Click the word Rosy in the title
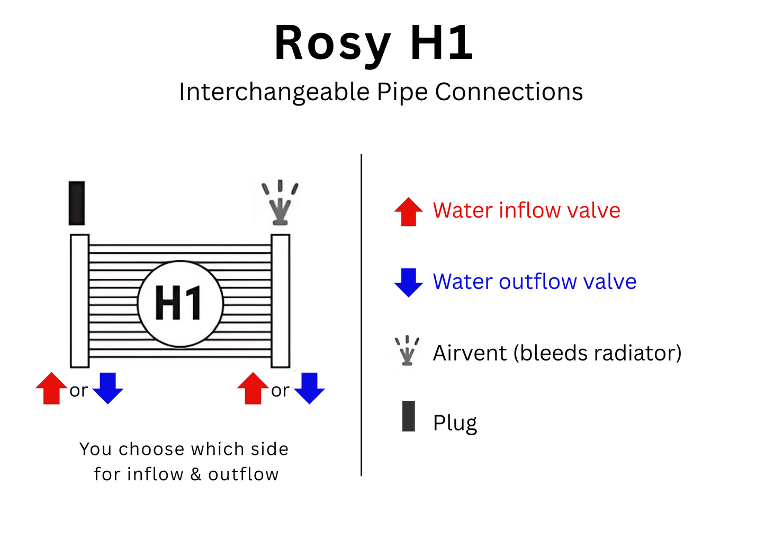click(x=332, y=43)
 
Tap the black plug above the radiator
click(x=77, y=203)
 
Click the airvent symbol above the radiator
click(x=280, y=204)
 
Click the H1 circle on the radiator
click(x=180, y=303)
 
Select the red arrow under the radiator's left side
click(x=51, y=389)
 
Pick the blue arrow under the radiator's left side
click(x=108, y=388)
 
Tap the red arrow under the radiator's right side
click(x=253, y=389)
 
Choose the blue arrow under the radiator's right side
click(x=309, y=388)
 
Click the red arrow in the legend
click(x=408, y=212)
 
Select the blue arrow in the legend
click(x=408, y=282)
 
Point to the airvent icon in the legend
click(x=407, y=351)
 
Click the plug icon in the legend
click(x=408, y=416)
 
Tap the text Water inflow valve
click(x=526, y=210)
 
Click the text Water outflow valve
click(x=534, y=282)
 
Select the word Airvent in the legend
click(x=470, y=353)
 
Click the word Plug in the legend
click(x=455, y=423)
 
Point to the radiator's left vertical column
click(x=79, y=301)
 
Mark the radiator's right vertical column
click(x=281, y=301)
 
